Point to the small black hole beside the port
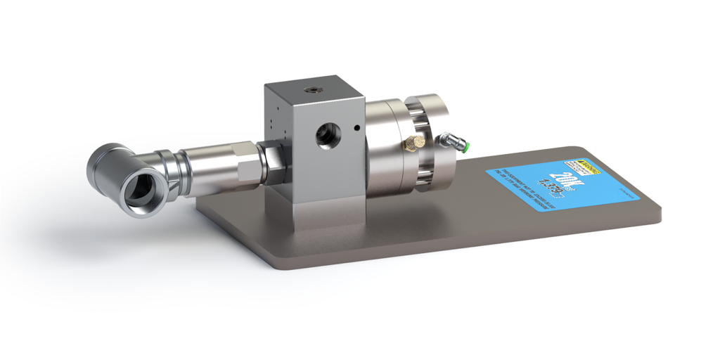tap(358, 128)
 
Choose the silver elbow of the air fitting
tap(450, 141)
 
